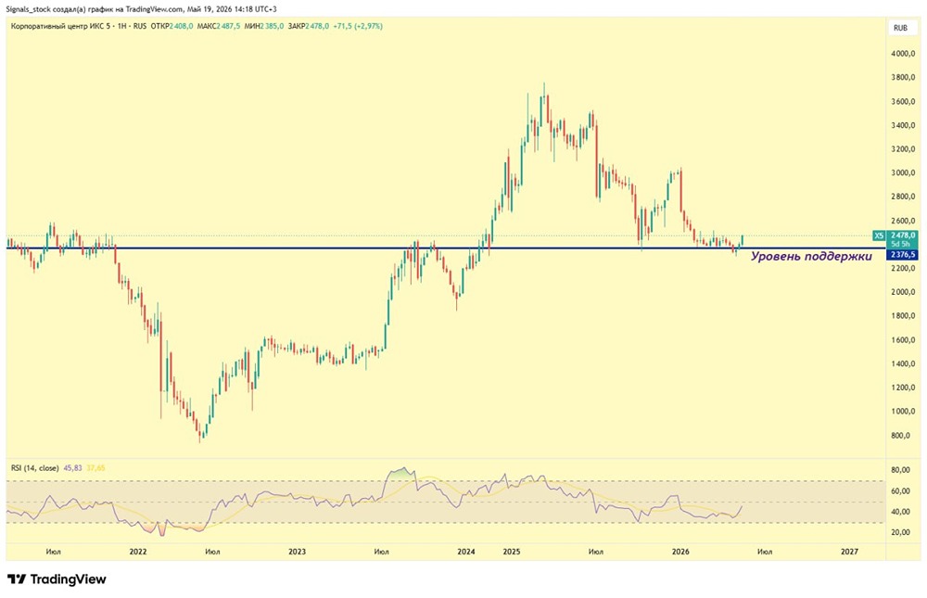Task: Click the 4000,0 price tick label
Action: click(x=903, y=54)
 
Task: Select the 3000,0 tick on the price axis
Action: click(x=903, y=172)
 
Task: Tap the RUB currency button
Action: click(x=900, y=28)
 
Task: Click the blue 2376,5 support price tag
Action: click(x=902, y=255)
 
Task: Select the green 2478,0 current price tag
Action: click(x=902, y=235)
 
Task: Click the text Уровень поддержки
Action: click(x=811, y=257)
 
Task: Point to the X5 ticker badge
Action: click(x=879, y=235)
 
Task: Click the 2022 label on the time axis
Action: click(x=138, y=552)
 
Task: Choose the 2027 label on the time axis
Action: click(x=849, y=552)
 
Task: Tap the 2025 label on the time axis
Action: click(x=512, y=552)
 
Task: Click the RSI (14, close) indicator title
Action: click(x=35, y=468)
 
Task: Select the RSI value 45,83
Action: click(x=72, y=468)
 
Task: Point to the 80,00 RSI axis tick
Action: click(x=900, y=470)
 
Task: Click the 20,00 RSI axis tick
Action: click(x=900, y=532)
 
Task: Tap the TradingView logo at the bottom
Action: click(x=57, y=579)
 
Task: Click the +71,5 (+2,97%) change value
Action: click(x=358, y=26)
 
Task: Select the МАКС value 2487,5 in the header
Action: click(x=228, y=26)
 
